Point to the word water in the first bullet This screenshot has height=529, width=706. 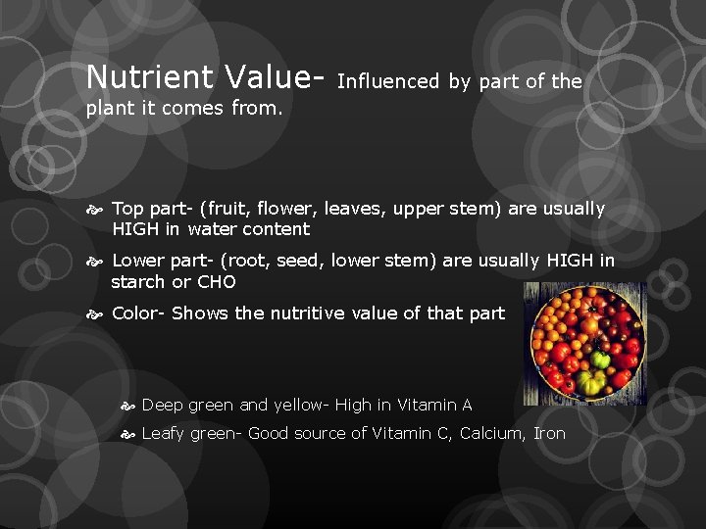[x=213, y=229]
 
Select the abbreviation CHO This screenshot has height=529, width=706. [x=216, y=282]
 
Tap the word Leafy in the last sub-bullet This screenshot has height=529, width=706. [x=163, y=433]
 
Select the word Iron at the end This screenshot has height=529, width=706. [x=549, y=433]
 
